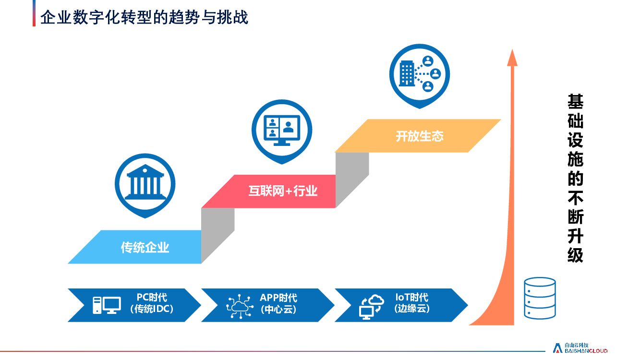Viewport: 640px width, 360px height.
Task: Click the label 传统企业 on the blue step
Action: (x=145, y=248)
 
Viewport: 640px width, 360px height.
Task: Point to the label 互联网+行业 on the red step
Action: (x=283, y=191)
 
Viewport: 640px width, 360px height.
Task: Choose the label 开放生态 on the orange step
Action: (x=419, y=136)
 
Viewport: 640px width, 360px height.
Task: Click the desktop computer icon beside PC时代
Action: (x=107, y=305)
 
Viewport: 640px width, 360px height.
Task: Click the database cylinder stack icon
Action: (x=539, y=297)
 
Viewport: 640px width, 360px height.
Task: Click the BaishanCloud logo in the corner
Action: (x=580, y=348)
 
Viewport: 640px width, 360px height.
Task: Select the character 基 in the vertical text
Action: (x=575, y=102)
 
